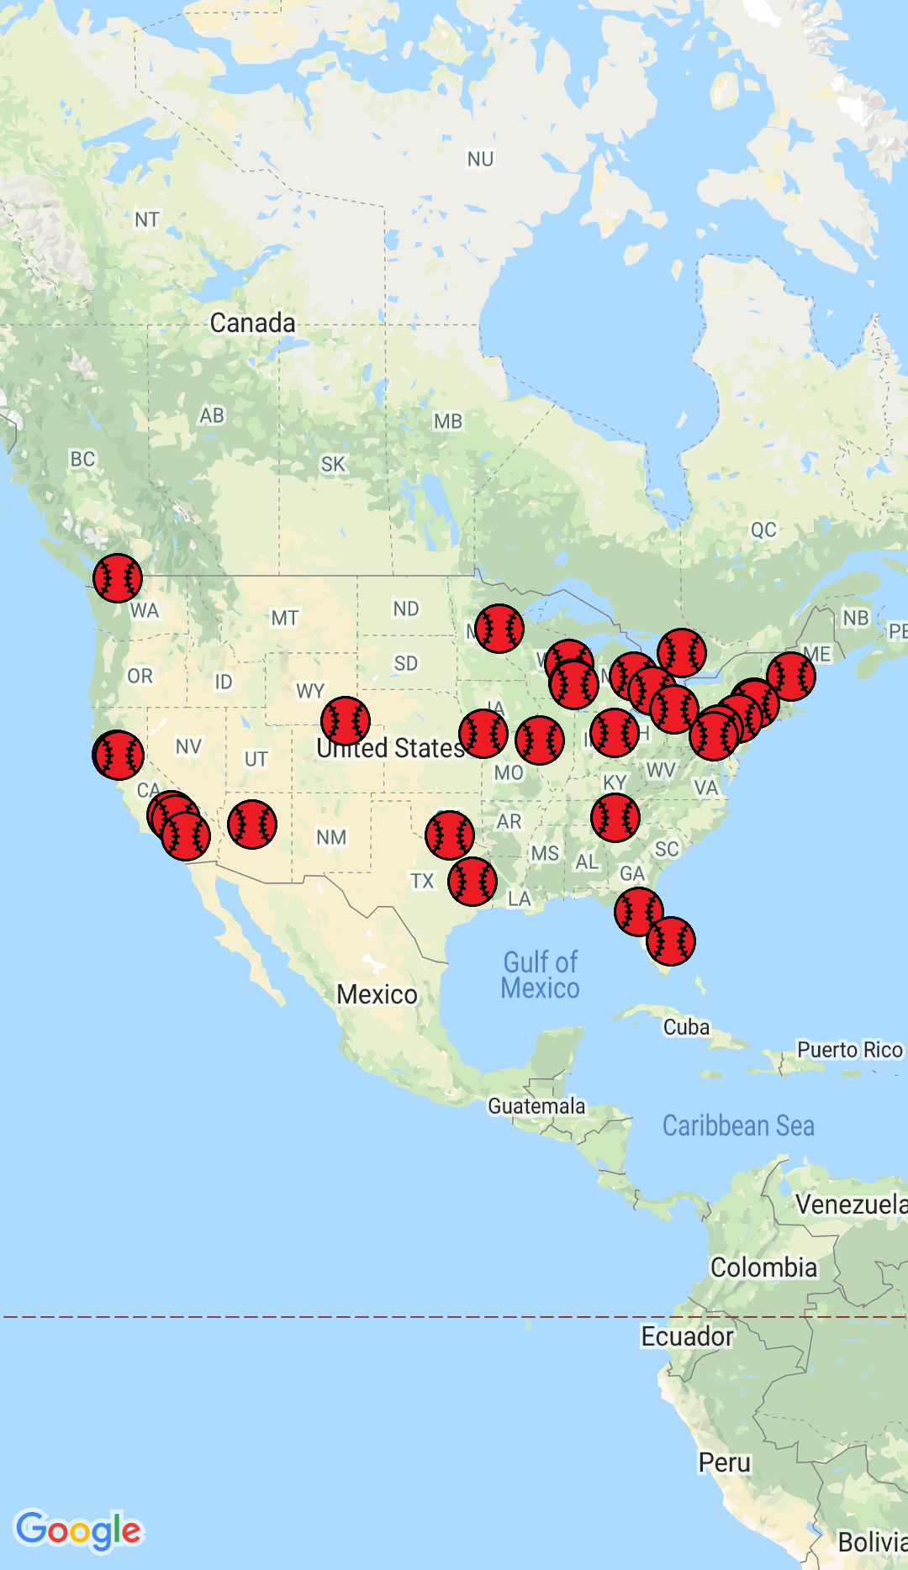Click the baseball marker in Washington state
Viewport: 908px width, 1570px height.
118,578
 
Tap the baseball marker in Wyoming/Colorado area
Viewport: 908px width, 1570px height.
345,721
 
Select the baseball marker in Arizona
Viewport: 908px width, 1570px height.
251,824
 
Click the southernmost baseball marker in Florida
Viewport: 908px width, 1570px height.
670,941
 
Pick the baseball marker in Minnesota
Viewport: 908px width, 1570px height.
499,629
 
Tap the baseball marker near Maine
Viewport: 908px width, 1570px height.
790,677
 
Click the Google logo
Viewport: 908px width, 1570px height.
79,1531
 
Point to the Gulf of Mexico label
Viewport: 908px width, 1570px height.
540,975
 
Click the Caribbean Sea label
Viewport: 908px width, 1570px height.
738,1126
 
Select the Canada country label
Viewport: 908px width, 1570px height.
252,323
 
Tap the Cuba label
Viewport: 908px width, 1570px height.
686,1027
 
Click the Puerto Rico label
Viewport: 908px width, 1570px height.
849,1050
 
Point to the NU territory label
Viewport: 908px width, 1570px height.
480,159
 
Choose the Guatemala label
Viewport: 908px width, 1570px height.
536,1106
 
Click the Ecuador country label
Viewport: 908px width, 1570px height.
687,1336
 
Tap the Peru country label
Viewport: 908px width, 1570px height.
724,1462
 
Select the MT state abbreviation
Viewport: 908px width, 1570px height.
284,619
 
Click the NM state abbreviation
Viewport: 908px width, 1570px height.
331,837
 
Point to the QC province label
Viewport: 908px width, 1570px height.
763,529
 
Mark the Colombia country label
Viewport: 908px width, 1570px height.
763,1267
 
